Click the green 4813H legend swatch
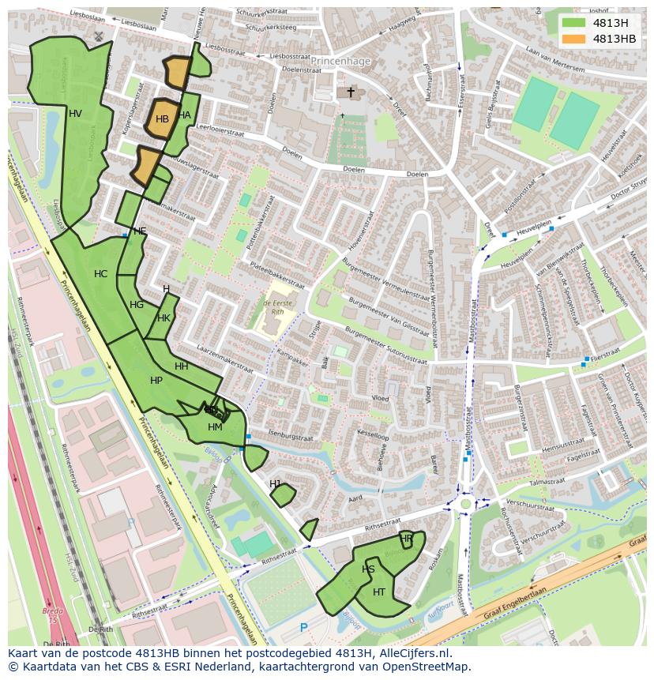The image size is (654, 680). point(574,23)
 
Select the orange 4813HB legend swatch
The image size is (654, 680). point(574,39)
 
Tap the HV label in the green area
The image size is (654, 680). point(75,114)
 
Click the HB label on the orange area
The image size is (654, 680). point(162,119)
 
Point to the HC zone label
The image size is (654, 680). point(100,274)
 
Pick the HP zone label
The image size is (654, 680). point(156,381)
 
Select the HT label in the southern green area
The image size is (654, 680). point(379,592)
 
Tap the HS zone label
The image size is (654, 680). point(368,569)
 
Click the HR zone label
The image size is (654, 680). point(406,539)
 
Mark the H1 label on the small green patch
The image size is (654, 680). point(276,483)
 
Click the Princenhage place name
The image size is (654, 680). point(340,60)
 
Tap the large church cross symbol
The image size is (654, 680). point(351,92)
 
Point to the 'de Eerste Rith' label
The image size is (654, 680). point(278,307)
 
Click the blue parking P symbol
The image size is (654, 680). point(304,628)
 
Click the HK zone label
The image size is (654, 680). point(163,318)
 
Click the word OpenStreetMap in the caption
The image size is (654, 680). point(426,666)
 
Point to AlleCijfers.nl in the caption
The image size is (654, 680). point(412,653)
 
